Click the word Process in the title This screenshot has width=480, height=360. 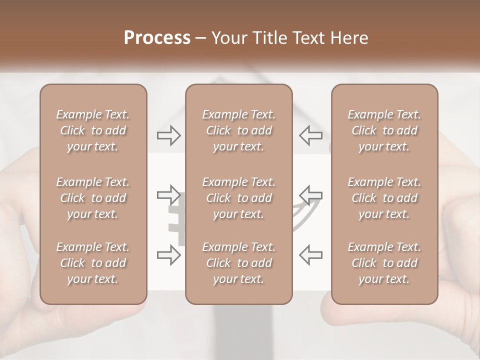point(157,38)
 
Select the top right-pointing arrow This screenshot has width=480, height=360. point(169,135)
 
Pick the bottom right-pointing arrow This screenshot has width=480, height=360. point(169,255)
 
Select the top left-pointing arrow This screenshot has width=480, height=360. point(310,135)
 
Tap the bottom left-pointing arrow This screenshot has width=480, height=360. point(310,255)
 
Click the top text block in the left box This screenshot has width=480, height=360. point(93,130)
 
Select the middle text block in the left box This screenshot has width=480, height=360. point(93,198)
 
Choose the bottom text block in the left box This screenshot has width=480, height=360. point(93,263)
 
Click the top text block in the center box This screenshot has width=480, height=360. point(239,130)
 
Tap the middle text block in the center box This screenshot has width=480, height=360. point(239,198)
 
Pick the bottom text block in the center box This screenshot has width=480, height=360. point(239,263)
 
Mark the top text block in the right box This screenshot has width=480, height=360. point(384,130)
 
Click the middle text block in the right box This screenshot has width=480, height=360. point(384,198)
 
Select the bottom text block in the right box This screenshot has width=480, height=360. point(384,263)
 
